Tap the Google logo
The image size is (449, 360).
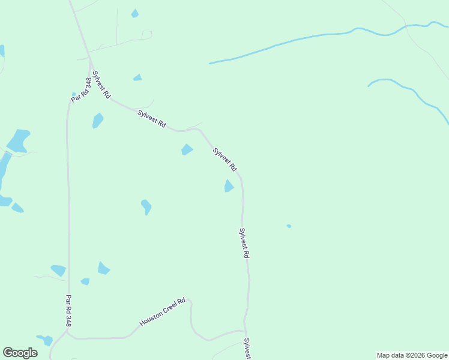coord(20,353)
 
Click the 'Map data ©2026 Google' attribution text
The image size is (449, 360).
coord(412,355)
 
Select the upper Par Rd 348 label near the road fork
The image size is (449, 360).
coord(80,89)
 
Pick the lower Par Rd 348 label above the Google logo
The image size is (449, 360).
coord(68,311)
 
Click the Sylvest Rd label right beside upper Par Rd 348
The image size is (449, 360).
coord(101,85)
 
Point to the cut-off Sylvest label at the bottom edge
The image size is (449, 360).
coord(247,349)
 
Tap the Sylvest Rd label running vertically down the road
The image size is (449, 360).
coord(244,243)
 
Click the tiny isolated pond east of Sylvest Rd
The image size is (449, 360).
coord(289,226)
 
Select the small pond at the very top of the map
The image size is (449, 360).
coord(135,13)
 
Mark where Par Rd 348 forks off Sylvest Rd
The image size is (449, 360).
coord(90,59)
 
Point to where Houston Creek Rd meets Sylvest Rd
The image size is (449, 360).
coord(246,331)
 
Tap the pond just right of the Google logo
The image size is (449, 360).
coord(46,340)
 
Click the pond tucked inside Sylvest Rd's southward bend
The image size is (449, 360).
coord(228,186)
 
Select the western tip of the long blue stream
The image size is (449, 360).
coord(210,63)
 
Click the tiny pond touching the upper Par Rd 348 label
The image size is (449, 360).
coord(74,94)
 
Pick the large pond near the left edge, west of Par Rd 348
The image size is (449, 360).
coord(19,140)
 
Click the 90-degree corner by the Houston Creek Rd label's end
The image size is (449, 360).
coord(190,301)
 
